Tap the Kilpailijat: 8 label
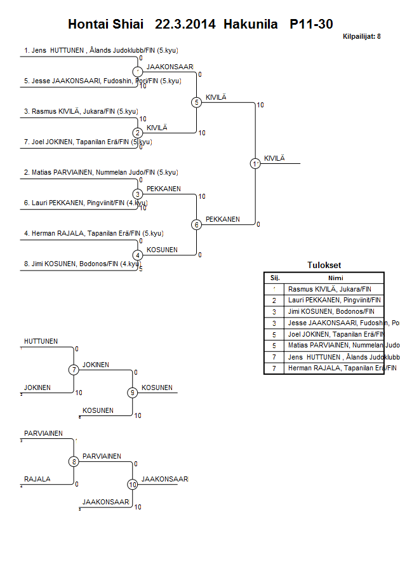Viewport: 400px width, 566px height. [361, 37]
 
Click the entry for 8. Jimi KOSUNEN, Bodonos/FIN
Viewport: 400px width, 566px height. [81, 264]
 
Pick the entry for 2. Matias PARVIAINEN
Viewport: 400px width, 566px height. [100, 172]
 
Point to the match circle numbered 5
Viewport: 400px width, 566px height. [196, 102]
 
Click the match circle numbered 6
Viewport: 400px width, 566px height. [196, 224]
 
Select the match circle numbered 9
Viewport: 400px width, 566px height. [132, 393]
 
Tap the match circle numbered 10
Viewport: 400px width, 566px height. [132, 484]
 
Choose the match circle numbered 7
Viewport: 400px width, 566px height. [74, 370]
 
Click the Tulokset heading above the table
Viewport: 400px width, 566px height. [324, 266]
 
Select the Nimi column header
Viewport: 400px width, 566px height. [334, 278]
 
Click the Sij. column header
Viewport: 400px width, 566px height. [274, 278]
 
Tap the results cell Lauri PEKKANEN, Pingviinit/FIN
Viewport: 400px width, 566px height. [334, 300]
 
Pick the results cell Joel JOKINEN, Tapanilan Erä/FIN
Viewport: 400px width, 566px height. [334, 334]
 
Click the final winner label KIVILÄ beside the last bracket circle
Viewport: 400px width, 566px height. [275, 158]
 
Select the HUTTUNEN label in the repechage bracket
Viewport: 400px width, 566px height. [41, 342]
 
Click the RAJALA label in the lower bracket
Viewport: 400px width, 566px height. [37, 480]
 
